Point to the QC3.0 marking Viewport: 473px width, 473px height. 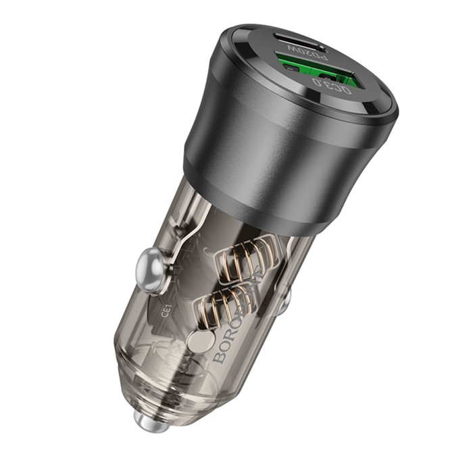coord(332,88)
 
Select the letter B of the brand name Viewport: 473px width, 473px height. coord(220,355)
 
